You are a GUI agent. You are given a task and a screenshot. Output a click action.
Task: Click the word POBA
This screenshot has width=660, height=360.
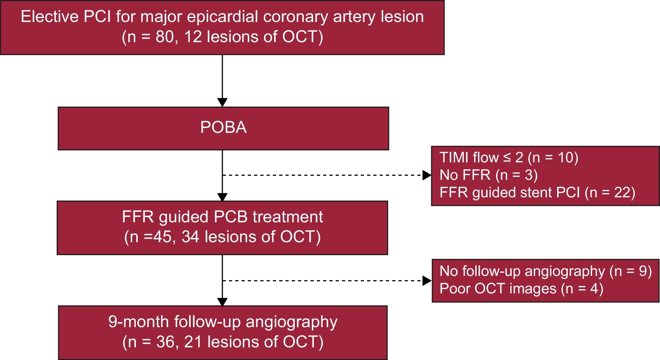[x=223, y=128]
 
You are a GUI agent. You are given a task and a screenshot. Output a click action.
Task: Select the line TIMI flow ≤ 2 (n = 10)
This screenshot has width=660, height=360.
[x=509, y=158]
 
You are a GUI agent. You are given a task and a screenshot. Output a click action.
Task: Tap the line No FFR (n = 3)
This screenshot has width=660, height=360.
[x=488, y=175]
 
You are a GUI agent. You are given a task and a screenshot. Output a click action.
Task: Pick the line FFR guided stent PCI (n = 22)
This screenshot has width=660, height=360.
[x=537, y=193]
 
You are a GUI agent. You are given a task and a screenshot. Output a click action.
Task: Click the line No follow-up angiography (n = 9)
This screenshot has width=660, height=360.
[x=545, y=271]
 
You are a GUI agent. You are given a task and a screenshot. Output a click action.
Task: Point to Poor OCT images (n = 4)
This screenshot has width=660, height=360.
[x=521, y=289]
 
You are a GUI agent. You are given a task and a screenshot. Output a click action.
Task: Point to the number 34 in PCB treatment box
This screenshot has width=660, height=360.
[x=190, y=236]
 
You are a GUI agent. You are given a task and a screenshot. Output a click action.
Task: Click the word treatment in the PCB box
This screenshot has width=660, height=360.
[x=288, y=217]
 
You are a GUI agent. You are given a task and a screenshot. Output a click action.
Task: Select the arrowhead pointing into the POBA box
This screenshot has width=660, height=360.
[x=222, y=102]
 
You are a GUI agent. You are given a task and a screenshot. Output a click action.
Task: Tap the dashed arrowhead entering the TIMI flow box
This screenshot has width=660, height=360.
[x=427, y=175]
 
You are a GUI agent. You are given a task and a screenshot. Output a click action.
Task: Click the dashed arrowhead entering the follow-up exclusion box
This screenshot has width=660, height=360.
[x=427, y=281]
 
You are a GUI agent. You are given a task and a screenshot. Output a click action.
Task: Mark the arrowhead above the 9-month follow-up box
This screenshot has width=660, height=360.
[x=222, y=302]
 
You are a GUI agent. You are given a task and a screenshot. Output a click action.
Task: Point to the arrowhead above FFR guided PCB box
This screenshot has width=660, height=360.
[x=222, y=197]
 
